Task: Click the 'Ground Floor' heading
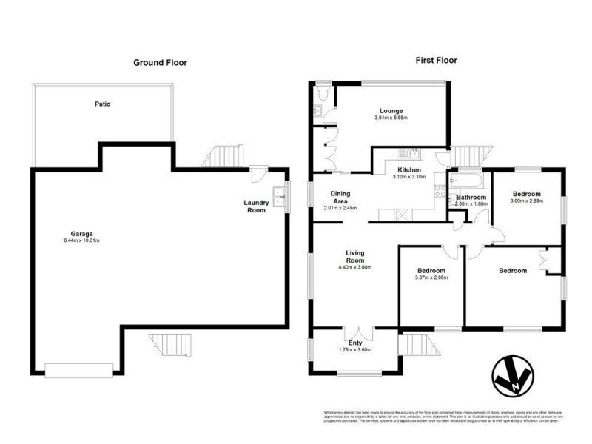click(x=160, y=63)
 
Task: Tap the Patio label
click(x=102, y=104)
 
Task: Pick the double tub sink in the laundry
click(x=279, y=198)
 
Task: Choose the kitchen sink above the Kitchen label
click(x=408, y=154)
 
